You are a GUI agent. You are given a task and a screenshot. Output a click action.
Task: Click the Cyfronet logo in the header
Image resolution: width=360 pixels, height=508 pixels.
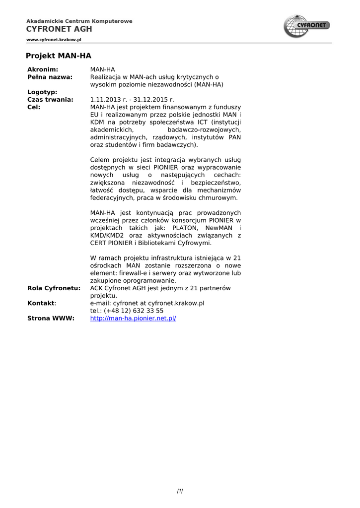307,26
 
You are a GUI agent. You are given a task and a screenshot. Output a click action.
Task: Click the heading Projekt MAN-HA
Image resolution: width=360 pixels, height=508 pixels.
59,56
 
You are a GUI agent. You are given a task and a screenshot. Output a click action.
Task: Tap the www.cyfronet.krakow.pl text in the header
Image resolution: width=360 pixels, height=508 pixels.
54,39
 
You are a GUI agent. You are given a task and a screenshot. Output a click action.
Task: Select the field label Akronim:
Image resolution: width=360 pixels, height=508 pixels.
43,69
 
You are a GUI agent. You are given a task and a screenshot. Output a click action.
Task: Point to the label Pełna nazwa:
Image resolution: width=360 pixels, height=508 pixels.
50,77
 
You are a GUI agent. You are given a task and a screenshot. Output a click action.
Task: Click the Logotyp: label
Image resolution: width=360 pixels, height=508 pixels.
42,92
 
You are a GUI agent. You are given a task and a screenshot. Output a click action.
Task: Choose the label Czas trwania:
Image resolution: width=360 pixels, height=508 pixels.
50,99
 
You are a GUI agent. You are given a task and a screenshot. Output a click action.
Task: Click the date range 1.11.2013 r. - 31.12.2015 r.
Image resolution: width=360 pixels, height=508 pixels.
132,99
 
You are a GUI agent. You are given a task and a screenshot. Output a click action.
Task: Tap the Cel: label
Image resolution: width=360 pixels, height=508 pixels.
34,107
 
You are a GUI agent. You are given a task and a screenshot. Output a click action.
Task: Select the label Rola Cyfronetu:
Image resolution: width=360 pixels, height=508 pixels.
54,288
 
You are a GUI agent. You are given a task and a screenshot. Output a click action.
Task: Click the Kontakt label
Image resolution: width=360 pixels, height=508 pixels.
41,303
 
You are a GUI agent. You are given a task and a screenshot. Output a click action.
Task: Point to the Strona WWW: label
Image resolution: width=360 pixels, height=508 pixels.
51,318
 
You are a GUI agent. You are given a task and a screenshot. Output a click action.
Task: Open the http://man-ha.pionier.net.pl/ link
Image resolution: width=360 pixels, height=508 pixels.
133,318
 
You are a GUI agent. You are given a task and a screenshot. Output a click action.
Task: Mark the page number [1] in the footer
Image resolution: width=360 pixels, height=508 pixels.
180,491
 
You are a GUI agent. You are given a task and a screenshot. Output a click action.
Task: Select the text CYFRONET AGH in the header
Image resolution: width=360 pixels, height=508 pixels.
59,29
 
